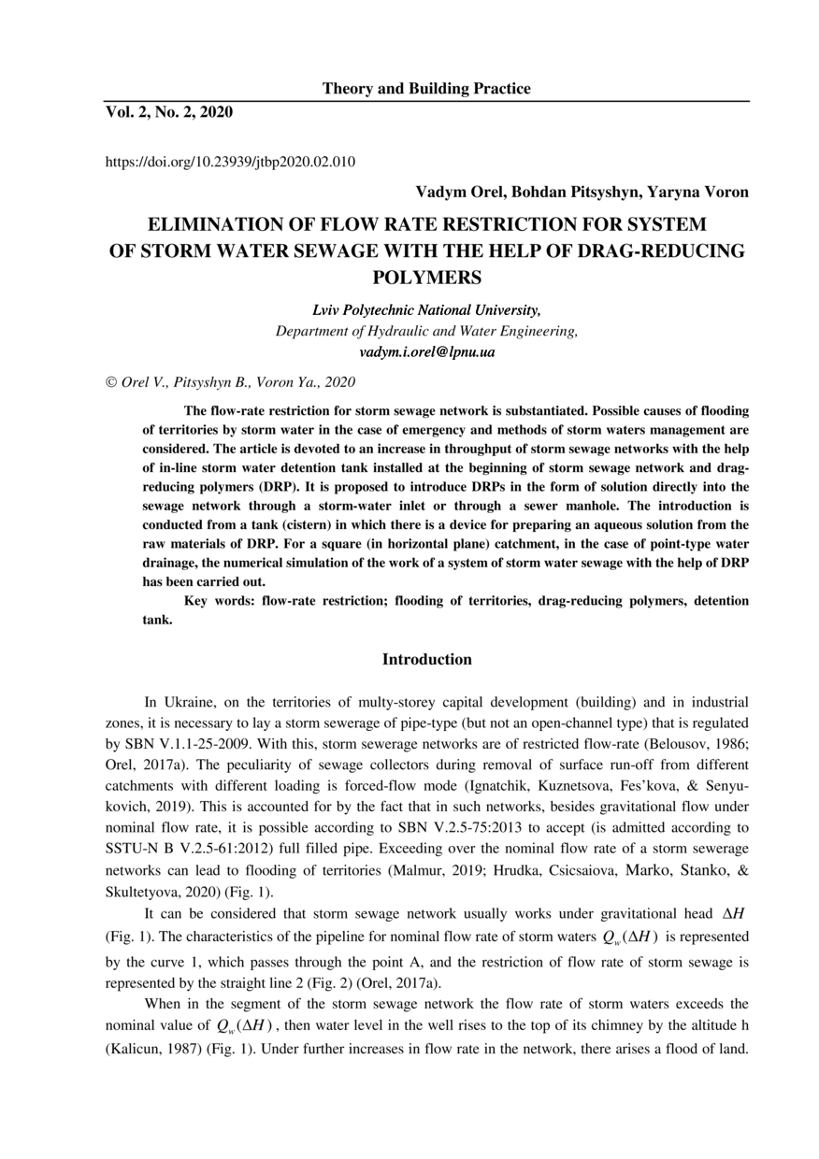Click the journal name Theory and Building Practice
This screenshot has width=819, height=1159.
(426, 89)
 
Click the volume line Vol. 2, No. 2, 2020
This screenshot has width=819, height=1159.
(168, 113)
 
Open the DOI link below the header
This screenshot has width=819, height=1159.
(230, 162)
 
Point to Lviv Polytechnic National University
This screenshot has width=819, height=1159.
(426, 310)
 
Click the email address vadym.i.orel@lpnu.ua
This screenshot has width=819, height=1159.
(426, 352)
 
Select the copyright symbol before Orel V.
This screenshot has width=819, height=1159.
(110, 382)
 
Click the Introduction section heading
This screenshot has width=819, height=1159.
(426, 660)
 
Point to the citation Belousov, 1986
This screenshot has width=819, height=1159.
(699, 743)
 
